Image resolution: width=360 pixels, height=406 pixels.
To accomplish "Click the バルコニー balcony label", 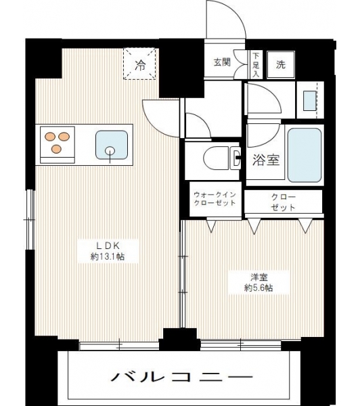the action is pos(182,376).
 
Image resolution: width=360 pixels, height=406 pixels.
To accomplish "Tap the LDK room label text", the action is pos(108,245).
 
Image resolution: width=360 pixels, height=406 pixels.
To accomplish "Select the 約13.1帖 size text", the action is pos(108,256).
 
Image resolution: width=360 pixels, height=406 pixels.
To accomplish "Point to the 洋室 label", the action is pos(258,277).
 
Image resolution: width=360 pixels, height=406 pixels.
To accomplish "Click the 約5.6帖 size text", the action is pos(258,288).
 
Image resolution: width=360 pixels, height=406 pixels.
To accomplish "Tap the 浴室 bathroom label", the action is pos(266,160).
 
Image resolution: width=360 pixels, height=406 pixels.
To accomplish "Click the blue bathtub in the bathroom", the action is pos(305,156).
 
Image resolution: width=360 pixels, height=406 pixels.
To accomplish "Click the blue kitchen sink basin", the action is pos(112,145).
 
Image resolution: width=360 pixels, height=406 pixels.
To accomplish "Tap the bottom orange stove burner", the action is pos(56,149).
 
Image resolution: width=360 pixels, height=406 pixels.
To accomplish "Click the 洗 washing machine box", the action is pos(281,65).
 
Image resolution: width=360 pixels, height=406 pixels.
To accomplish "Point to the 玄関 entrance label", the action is pos(222,62).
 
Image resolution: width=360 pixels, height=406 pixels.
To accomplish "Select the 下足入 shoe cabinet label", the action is pos(256,65).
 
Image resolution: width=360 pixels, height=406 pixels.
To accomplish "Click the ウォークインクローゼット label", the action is pos(215,198).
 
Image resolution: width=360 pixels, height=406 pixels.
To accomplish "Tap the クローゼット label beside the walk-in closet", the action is pos(284,202).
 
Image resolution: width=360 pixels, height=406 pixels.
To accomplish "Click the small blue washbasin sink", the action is pos(310,100).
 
